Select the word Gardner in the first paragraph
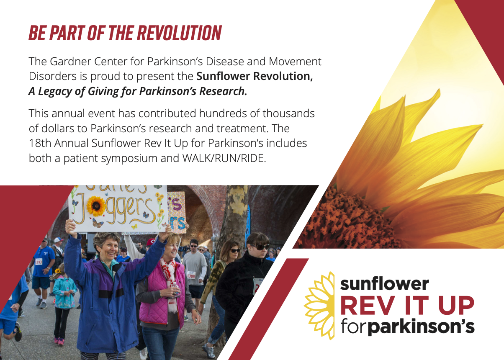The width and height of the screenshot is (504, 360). tap(68, 62)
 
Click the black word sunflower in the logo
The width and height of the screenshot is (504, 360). tap(384, 284)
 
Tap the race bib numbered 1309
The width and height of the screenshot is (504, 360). tap(191, 275)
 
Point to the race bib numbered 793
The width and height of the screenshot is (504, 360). tap(39, 262)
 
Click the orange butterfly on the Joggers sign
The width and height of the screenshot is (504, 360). tap(98, 224)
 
